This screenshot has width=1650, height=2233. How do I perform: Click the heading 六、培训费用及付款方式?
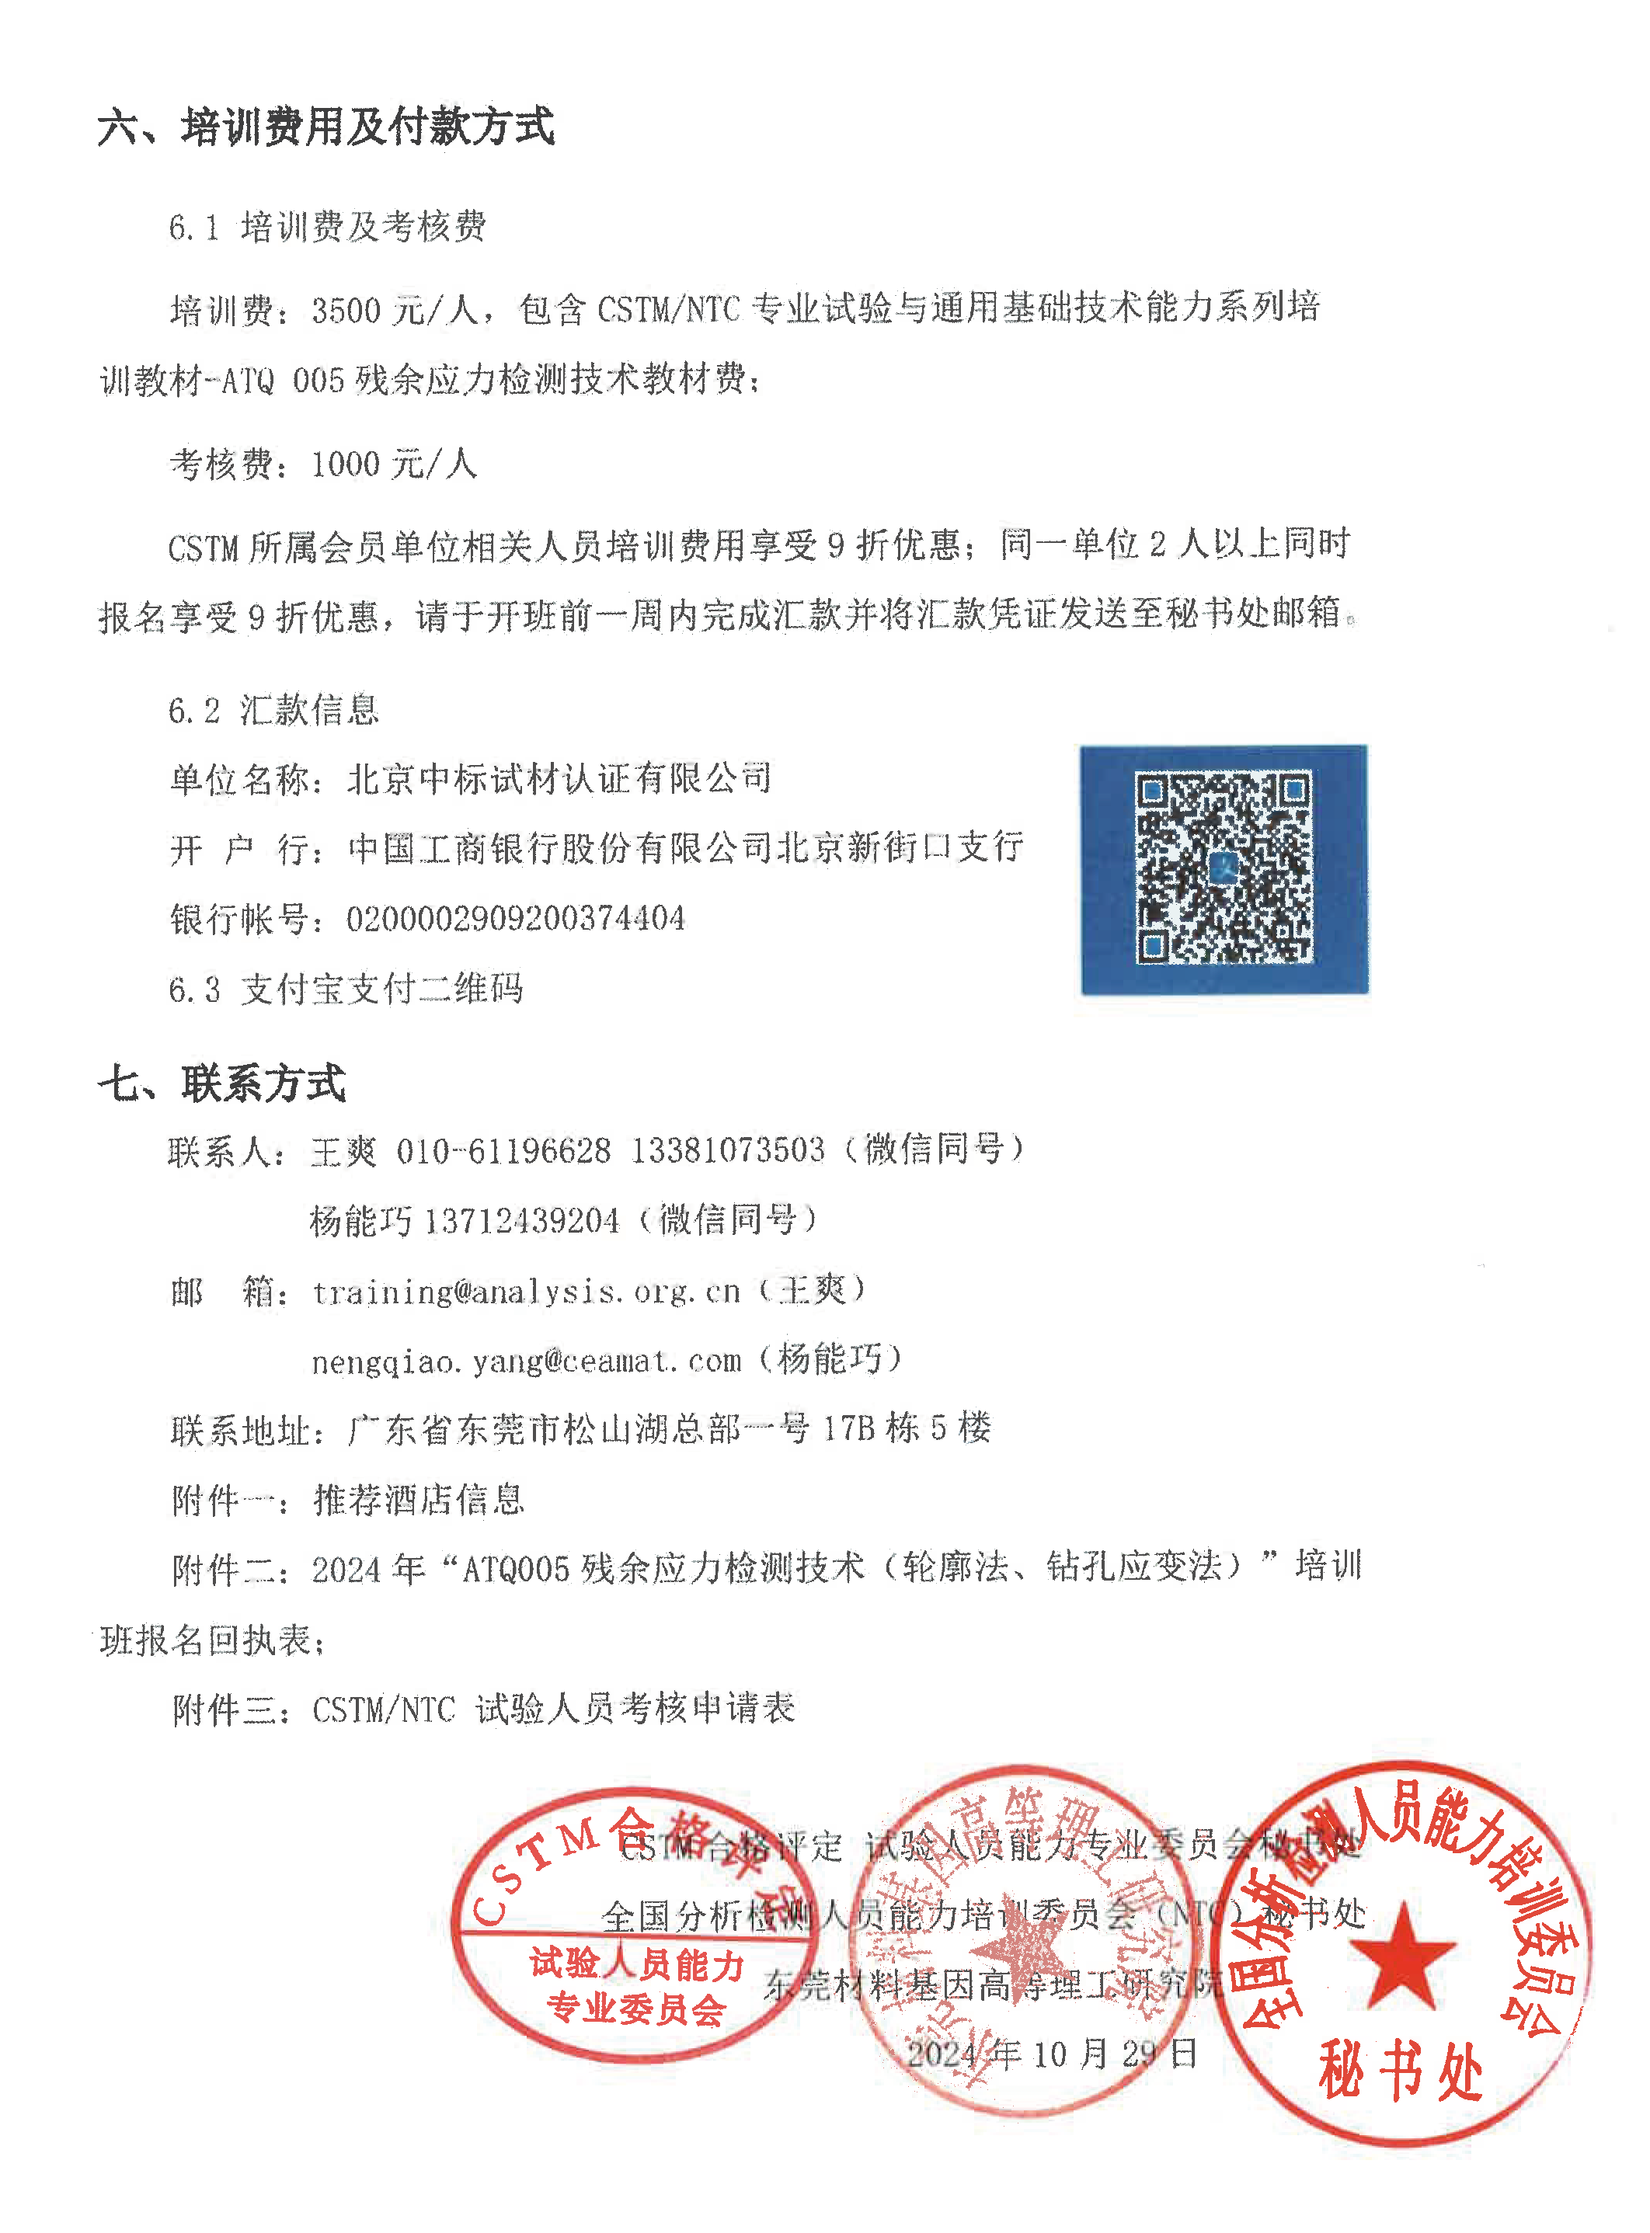pyautogui.click(x=325, y=127)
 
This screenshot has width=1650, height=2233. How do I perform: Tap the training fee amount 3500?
pyautogui.click(x=346, y=311)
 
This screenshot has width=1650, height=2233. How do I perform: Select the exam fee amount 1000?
pyautogui.click(x=346, y=464)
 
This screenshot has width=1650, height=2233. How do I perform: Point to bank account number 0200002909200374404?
pyautogui.click(x=515, y=919)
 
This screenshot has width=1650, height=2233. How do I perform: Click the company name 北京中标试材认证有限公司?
pyautogui.click(x=559, y=779)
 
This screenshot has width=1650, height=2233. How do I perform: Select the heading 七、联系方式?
pyautogui.click(x=221, y=1083)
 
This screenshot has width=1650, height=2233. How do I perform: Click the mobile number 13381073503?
pyautogui.click(x=728, y=1150)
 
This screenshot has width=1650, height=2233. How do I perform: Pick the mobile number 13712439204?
pyautogui.click(x=521, y=1220)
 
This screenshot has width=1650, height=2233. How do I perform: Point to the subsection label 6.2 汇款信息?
pyautogui.click(x=273, y=710)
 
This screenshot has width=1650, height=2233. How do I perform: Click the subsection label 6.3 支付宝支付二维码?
pyautogui.click(x=346, y=989)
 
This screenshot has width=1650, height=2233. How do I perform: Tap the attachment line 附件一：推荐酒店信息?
pyautogui.click(x=347, y=1500)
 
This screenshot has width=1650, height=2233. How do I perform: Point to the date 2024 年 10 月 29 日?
pyautogui.click(x=1051, y=2054)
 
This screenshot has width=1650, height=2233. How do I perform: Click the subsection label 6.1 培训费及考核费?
pyautogui.click(x=328, y=228)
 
